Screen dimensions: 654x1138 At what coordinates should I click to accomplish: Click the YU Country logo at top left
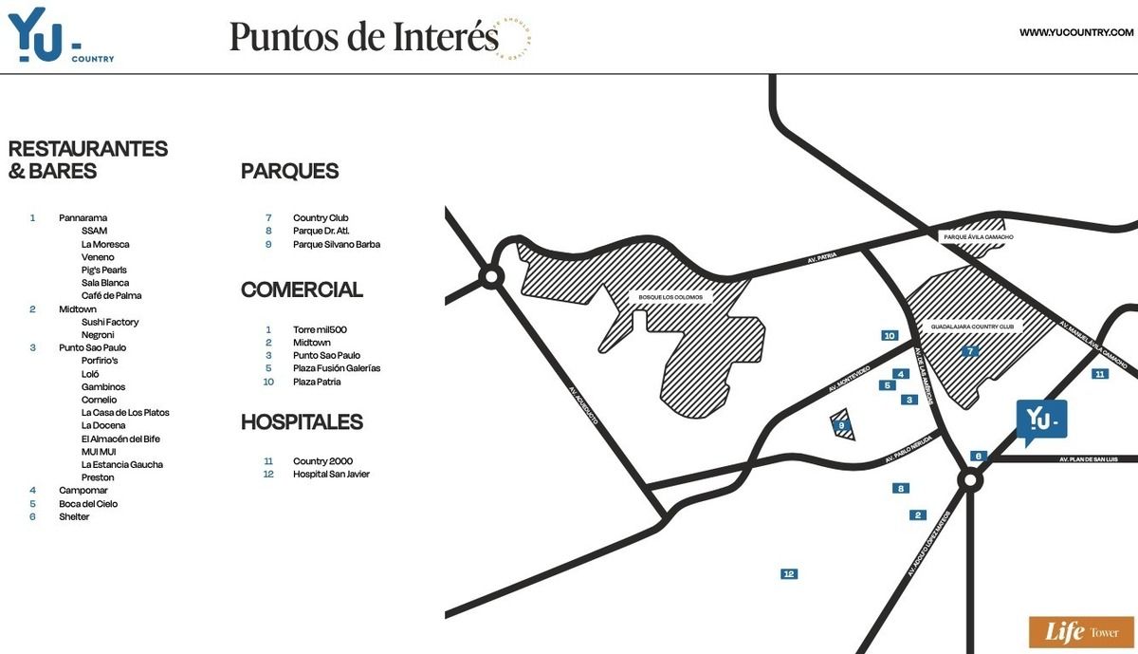(x=57, y=35)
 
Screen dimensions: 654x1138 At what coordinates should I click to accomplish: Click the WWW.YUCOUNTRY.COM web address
(x=1076, y=33)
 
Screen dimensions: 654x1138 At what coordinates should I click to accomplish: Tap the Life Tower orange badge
(x=1080, y=632)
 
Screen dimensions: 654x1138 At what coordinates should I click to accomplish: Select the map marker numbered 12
(x=788, y=574)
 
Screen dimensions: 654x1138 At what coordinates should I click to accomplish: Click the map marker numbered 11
(x=1099, y=374)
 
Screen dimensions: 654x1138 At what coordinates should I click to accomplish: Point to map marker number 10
(x=889, y=336)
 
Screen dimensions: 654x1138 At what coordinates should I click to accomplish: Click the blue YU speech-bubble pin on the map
(x=1040, y=419)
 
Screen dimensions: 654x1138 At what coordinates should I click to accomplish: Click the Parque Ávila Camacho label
(x=979, y=236)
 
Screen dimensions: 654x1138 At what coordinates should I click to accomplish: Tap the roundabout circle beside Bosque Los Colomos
(x=491, y=277)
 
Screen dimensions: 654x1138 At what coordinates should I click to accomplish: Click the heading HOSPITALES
(x=302, y=421)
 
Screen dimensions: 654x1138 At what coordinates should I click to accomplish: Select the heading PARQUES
(x=289, y=172)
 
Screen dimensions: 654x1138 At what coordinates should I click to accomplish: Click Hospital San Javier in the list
(x=331, y=474)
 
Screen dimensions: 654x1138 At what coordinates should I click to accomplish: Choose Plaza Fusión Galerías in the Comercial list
(x=336, y=368)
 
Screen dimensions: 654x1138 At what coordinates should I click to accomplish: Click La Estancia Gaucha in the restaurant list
(x=121, y=464)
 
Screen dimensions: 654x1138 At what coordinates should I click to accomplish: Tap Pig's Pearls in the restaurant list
(x=104, y=271)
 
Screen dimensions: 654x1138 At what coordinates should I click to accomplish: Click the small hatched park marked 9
(x=842, y=425)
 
